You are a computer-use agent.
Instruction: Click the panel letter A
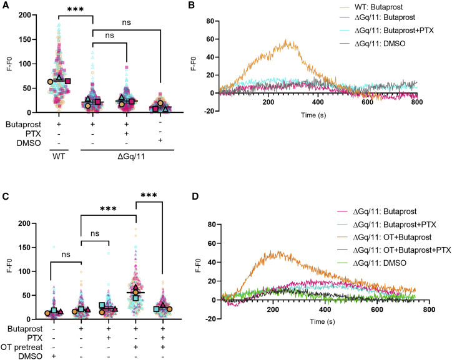click(5, 6)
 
